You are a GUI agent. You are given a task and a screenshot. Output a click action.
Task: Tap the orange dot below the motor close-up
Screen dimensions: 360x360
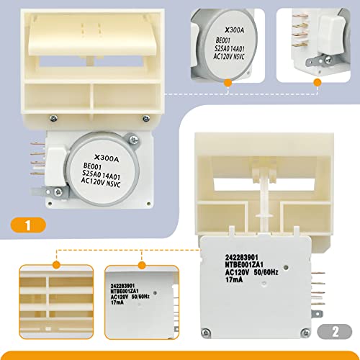(x=228, y=84)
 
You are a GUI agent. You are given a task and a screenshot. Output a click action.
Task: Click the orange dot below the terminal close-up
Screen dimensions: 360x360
(x=317, y=84)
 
